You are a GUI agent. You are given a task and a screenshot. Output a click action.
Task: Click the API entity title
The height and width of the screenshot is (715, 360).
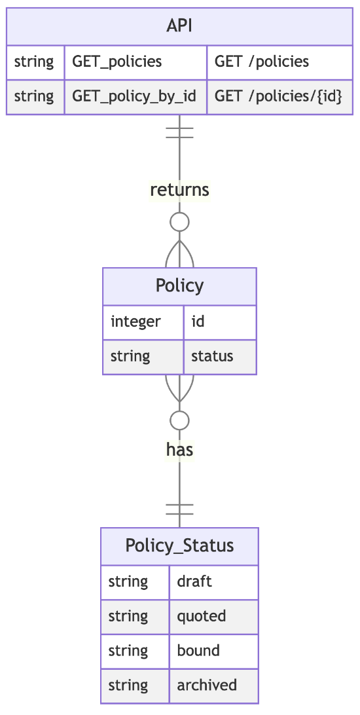(x=179, y=26)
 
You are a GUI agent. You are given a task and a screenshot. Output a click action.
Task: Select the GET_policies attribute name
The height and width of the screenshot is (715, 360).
(x=117, y=62)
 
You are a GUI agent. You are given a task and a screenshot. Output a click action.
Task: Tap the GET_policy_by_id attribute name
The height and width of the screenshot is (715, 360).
(x=134, y=96)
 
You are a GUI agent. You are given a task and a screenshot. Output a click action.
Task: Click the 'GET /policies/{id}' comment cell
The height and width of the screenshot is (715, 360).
(x=278, y=96)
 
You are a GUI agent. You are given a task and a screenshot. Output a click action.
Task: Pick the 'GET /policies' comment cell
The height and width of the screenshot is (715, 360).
(x=262, y=62)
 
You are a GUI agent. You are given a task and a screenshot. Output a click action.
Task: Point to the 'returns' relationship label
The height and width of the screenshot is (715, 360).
(x=179, y=190)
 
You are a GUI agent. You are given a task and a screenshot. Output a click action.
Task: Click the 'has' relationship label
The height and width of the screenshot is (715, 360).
(x=179, y=450)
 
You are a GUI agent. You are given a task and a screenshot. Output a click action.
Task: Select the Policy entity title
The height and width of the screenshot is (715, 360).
(x=179, y=286)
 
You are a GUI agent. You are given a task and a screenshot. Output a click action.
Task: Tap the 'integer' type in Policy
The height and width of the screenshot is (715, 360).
(x=135, y=322)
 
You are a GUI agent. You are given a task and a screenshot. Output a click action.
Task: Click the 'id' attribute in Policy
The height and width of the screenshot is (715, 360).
(x=198, y=322)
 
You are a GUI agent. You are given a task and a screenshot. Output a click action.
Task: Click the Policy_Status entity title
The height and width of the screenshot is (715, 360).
(x=179, y=546)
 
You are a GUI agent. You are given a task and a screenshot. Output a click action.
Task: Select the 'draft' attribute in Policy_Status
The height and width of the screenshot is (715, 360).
(x=194, y=582)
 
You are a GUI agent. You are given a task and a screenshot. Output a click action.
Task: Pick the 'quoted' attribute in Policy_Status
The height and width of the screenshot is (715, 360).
(x=202, y=617)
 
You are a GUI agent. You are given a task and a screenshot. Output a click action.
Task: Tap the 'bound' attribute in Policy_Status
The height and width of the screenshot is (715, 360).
(x=198, y=651)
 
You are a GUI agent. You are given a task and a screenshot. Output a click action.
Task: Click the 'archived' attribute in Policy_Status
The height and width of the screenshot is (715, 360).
(x=207, y=686)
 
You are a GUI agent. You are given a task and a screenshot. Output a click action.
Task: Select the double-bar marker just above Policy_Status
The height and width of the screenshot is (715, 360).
(x=179, y=509)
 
